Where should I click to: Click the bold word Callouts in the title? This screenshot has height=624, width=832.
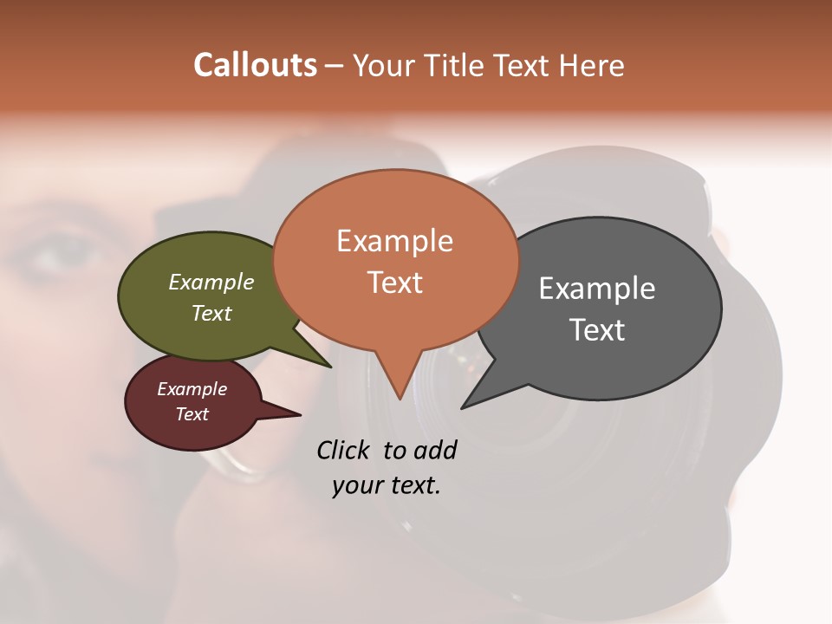click(x=255, y=65)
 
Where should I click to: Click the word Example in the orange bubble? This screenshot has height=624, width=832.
click(x=394, y=240)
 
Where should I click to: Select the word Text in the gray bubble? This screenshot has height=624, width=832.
click(x=597, y=329)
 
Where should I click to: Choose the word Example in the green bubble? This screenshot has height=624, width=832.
click(x=211, y=282)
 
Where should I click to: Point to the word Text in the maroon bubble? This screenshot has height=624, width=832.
click(x=192, y=414)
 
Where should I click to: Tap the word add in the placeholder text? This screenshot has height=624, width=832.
click(x=435, y=450)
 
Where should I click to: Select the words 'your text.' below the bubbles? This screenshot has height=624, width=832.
click(x=386, y=485)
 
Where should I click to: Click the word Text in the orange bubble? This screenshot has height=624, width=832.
click(x=395, y=283)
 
